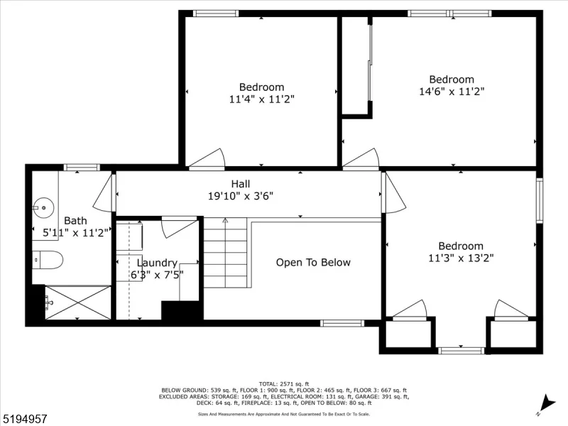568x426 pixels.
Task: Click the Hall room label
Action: [241, 184]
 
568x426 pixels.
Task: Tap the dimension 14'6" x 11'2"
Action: [452, 92]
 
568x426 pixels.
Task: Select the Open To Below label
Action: [313, 262]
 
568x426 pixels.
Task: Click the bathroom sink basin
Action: [43, 208]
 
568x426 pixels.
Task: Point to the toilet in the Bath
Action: [48, 260]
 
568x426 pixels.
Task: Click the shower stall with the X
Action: [78, 303]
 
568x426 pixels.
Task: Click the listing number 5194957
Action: [23, 419]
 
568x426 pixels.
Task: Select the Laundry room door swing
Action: [178, 227]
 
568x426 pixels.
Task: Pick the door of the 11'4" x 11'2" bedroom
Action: [207, 158]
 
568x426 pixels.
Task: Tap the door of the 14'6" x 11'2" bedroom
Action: [361, 158]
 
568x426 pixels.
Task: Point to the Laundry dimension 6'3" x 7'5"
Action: [157, 275]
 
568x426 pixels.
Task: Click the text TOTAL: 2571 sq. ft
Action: [284, 384]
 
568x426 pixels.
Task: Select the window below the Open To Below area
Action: [342, 323]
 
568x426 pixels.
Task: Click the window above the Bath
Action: [82, 168]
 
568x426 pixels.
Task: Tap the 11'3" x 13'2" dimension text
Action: [461, 258]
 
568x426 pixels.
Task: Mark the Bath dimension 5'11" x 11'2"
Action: [76, 233]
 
